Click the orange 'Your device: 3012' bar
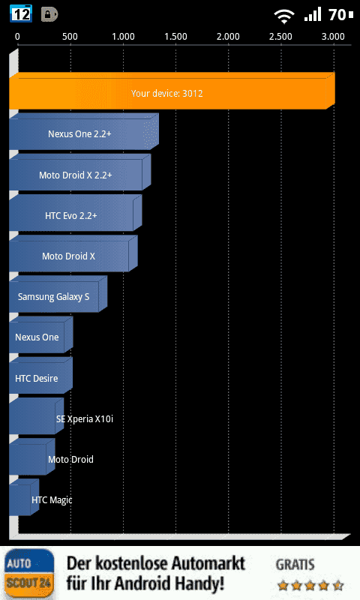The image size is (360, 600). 172,91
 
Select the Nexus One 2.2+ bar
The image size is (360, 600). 84,131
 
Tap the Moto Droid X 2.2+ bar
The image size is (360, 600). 80,172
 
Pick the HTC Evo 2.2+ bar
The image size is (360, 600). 76,213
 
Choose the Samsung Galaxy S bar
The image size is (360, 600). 58,294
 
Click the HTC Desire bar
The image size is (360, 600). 41,375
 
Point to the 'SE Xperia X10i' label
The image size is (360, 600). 85,419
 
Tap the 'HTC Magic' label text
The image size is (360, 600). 52,500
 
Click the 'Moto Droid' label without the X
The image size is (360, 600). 70,459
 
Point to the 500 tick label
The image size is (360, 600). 70,37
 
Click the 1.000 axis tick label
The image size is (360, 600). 123,37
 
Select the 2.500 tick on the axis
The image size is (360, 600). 280,37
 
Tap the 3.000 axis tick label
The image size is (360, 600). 333,37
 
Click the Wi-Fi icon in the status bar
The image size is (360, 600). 283,16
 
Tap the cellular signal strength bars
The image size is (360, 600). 313,15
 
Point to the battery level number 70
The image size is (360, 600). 337,15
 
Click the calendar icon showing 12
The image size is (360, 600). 21,14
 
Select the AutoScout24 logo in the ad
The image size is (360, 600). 28,574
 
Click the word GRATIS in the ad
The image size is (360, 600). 295,565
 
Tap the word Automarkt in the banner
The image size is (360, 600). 207,563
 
